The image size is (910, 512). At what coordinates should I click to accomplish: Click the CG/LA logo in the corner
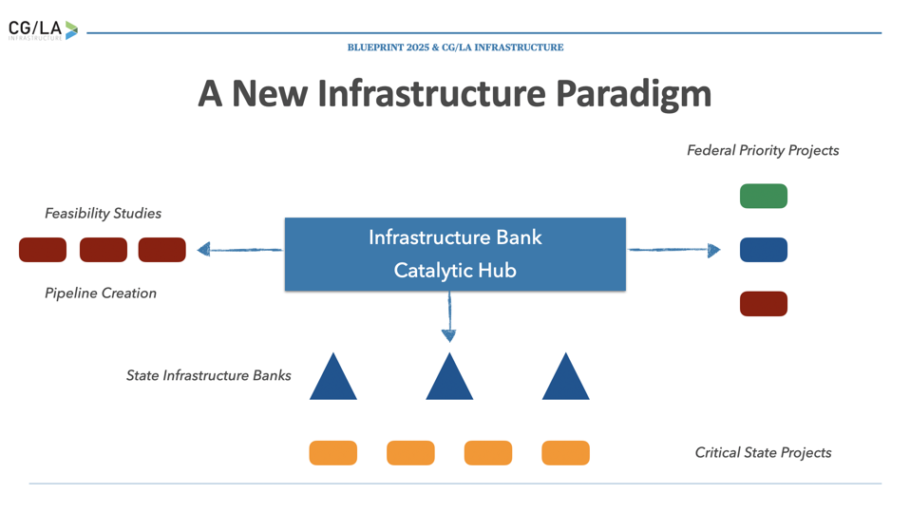[43, 30]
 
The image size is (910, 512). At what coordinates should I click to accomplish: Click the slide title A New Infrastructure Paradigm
[454, 93]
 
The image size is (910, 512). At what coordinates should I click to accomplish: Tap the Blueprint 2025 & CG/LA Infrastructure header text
[455, 47]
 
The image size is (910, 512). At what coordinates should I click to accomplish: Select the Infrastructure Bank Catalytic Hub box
[455, 254]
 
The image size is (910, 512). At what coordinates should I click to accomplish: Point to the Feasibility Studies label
[103, 214]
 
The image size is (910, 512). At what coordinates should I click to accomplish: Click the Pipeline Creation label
[101, 294]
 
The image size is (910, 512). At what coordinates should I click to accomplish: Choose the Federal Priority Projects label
[763, 150]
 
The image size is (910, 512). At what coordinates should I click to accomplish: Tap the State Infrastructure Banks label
[208, 376]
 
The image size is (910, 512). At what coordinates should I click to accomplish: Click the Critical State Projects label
[763, 453]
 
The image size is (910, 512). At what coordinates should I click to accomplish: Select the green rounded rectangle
[763, 196]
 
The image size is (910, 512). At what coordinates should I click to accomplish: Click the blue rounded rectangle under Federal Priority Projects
[763, 250]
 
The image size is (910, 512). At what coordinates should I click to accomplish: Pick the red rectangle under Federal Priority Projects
[763, 304]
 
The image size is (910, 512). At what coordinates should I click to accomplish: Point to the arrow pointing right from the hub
[673, 250]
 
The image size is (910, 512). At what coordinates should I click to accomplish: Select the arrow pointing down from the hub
[449, 317]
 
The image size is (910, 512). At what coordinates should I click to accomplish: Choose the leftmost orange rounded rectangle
[332, 453]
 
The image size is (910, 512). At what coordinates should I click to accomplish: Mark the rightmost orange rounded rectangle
[565, 453]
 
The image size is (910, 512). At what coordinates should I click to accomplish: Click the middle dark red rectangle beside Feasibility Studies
[103, 250]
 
